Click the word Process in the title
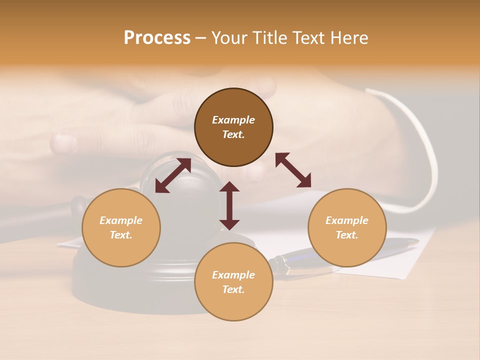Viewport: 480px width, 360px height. click(157, 38)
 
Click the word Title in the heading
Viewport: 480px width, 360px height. click(269, 38)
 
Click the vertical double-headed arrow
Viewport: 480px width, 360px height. click(229, 205)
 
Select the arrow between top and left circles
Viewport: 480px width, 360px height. click(173, 175)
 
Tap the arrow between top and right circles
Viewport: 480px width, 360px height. click(293, 170)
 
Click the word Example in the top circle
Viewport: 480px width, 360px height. click(233, 120)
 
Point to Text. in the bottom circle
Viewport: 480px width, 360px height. click(233, 289)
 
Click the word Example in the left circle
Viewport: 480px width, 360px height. click(121, 220)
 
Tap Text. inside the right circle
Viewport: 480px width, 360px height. click(347, 235)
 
